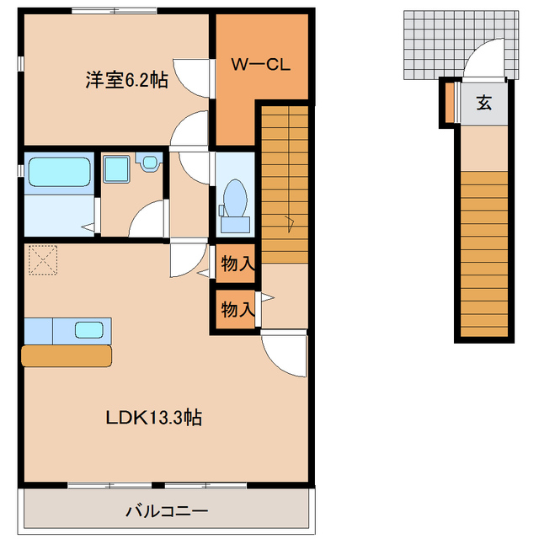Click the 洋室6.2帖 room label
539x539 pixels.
tap(125, 81)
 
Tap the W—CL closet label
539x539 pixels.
tap(261, 65)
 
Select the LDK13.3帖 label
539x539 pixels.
tap(152, 417)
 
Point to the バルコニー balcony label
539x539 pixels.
tap(167, 511)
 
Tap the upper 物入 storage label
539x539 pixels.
tap(237, 264)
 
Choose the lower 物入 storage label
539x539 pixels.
tap(237, 309)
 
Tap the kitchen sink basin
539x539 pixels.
tap(89, 329)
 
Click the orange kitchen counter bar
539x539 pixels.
tap(67, 355)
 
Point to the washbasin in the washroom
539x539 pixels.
tap(149, 163)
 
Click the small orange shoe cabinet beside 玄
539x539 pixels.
tap(451, 102)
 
